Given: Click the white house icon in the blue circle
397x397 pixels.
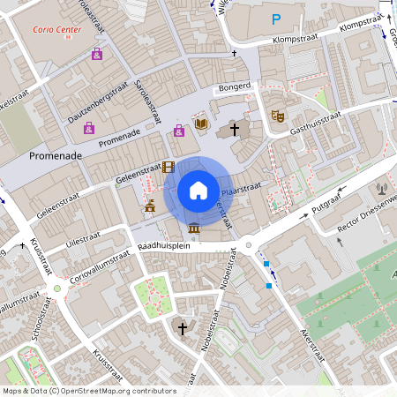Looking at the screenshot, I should [x=198, y=191].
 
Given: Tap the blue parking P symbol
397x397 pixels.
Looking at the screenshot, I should [x=276, y=19].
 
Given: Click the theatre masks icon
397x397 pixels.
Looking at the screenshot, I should [x=277, y=115].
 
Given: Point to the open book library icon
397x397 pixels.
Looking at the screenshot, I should [x=201, y=124].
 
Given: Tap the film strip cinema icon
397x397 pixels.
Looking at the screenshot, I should [x=168, y=166].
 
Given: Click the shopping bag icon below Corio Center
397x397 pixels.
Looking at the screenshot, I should [x=96, y=54].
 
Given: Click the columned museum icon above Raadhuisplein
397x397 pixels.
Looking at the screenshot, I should [x=193, y=229].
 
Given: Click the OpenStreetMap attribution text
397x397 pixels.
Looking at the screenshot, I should [x=89, y=391].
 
